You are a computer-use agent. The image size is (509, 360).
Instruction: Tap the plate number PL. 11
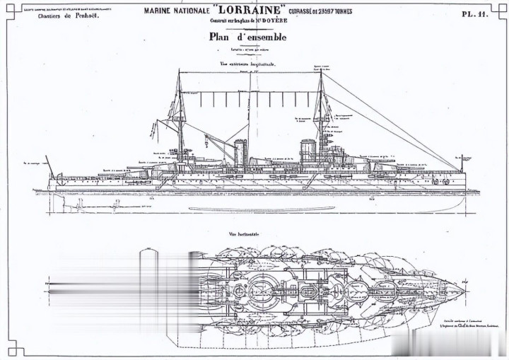coord(475,13)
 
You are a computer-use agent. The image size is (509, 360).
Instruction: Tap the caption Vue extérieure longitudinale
coord(246,64)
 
